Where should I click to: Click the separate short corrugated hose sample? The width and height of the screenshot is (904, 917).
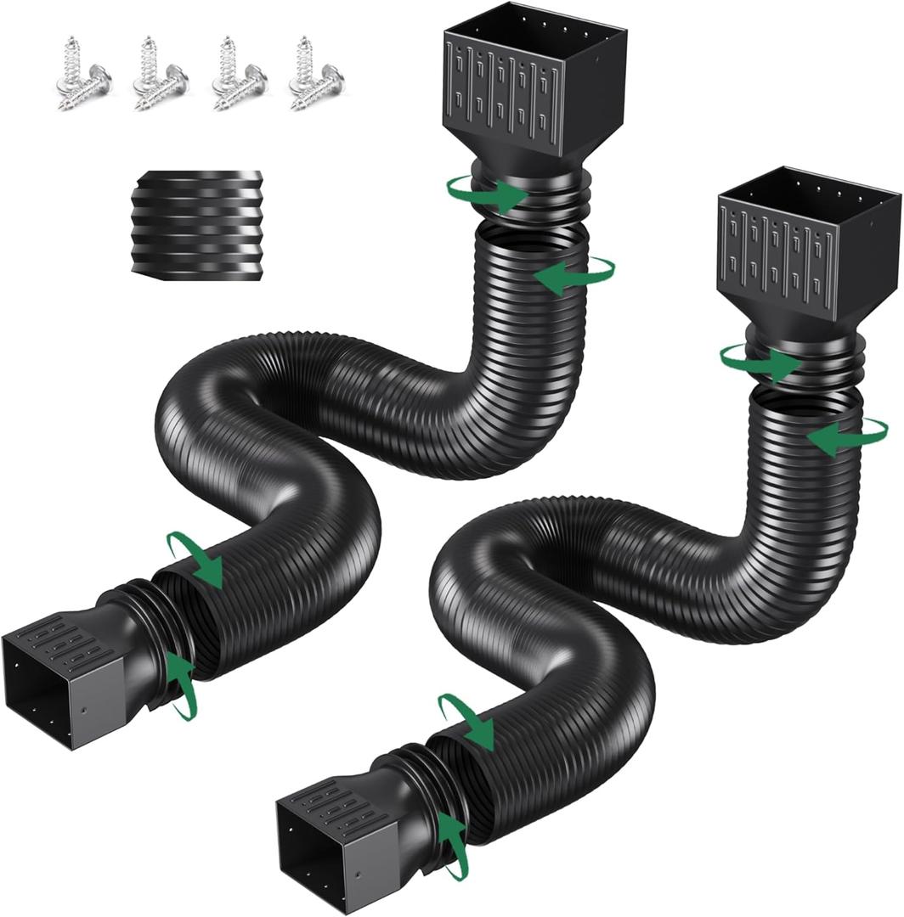tap(197, 222)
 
